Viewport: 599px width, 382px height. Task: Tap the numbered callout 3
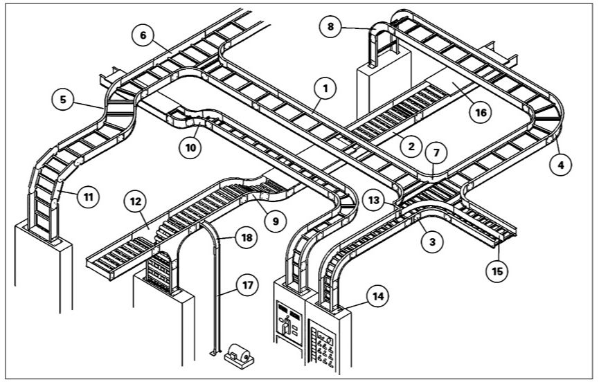(x=432, y=242)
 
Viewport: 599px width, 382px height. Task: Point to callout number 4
(x=562, y=165)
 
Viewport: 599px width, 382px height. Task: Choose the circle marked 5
(x=63, y=100)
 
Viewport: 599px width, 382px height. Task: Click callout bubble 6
(x=142, y=36)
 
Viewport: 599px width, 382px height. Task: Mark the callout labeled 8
(x=331, y=27)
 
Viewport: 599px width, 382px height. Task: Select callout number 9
(x=276, y=221)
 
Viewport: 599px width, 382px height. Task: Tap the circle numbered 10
(x=189, y=146)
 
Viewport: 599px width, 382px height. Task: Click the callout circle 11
(x=88, y=197)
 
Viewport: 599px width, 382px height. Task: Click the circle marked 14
(x=377, y=296)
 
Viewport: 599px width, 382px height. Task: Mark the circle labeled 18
(x=246, y=238)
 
